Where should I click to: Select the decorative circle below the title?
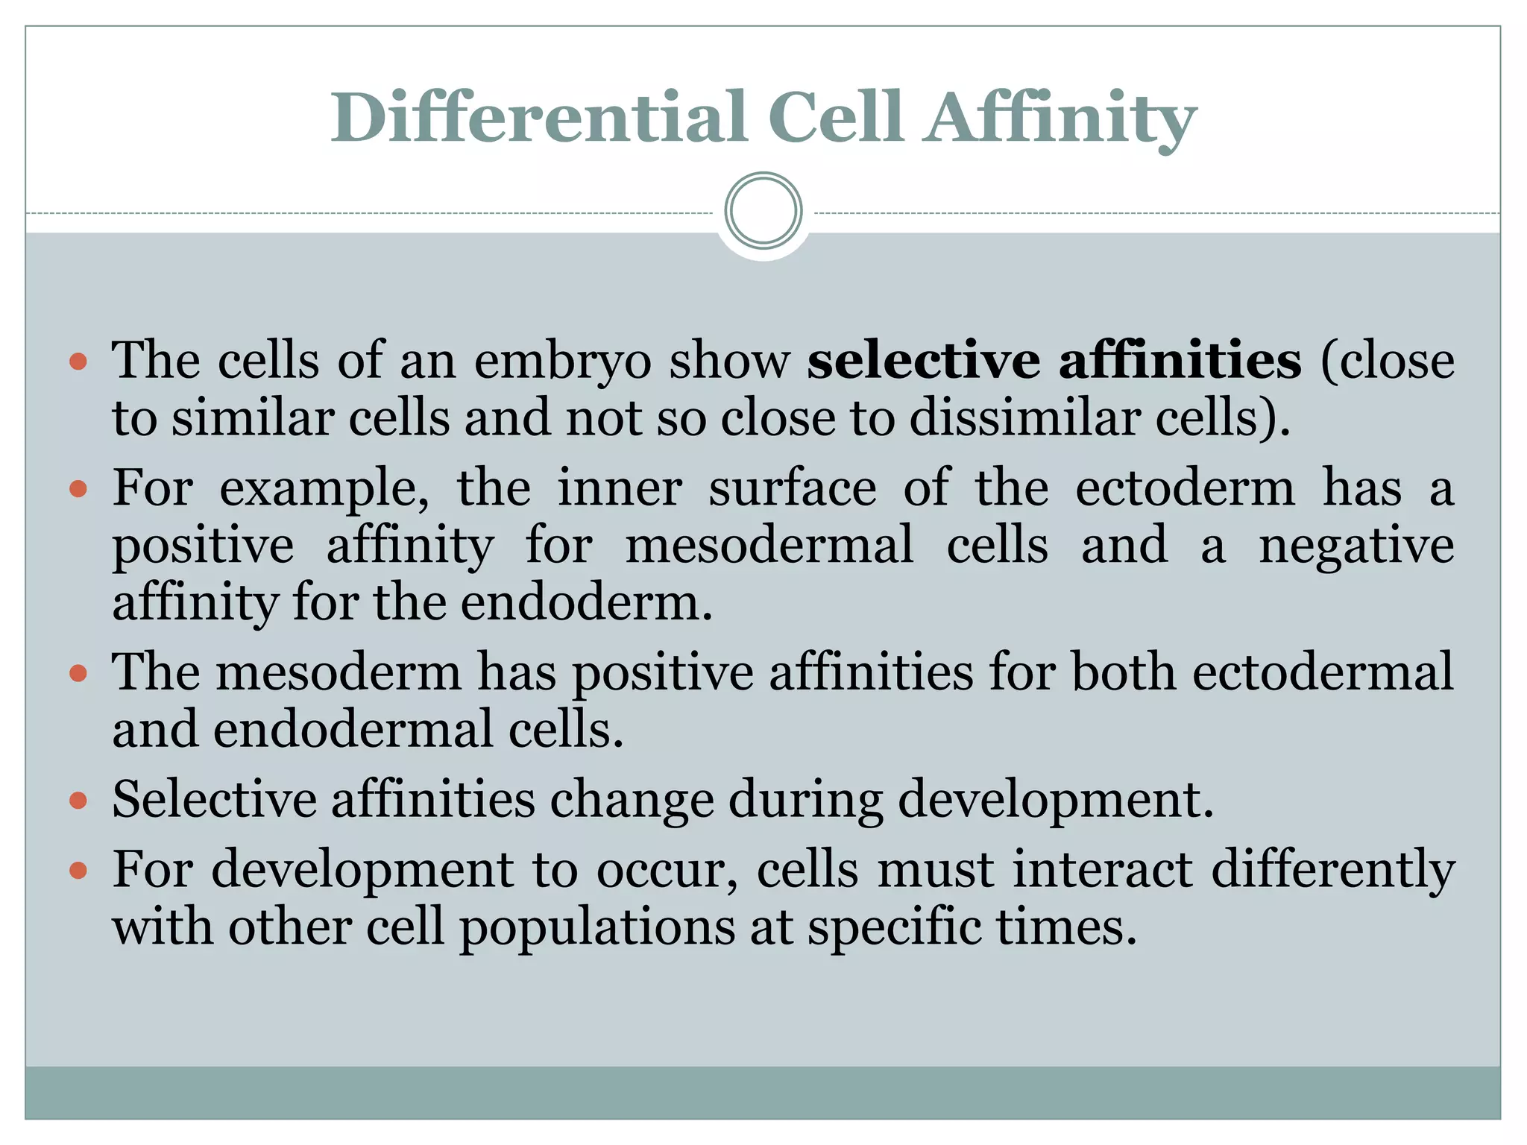point(763,211)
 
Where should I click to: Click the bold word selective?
point(924,361)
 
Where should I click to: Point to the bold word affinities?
point(1180,361)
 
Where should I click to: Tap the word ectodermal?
point(1323,672)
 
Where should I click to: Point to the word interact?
point(1103,870)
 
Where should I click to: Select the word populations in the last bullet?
point(597,929)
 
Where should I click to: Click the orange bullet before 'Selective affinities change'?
point(78,801)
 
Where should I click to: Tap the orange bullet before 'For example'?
point(78,490)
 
